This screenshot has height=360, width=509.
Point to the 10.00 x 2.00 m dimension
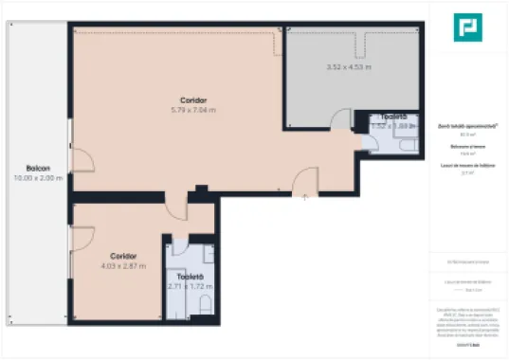coord(38,178)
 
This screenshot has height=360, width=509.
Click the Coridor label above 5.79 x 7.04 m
coord(193,100)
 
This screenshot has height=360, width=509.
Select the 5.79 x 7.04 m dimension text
coord(193,110)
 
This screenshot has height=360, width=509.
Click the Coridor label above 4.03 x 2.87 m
coord(123,257)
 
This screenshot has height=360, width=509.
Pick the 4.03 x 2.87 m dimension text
coord(123,266)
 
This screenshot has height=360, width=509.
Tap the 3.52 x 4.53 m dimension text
coord(349,67)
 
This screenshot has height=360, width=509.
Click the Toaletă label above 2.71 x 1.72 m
coord(191,276)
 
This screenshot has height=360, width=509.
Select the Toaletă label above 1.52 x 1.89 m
coord(392,116)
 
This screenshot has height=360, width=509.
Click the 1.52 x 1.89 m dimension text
coord(392,125)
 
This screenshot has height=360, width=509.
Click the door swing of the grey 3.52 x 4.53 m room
coord(339,118)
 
